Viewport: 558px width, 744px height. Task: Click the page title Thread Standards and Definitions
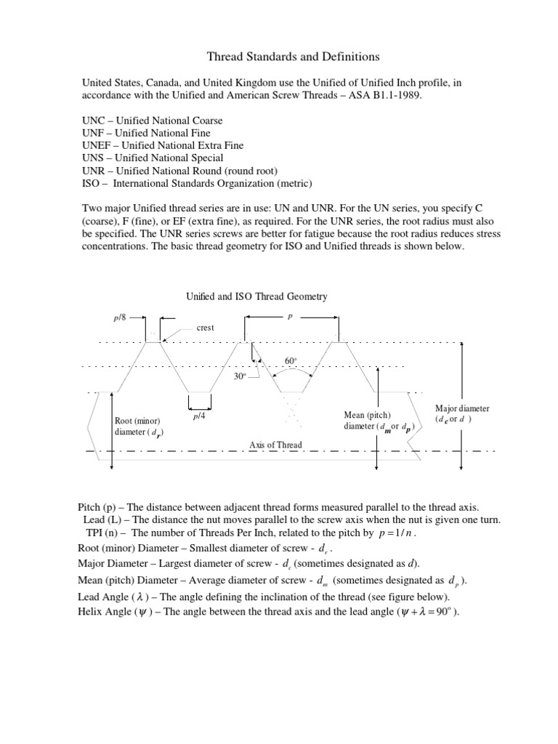pyautogui.click(x=278, y=56)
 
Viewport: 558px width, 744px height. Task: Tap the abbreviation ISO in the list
pyautogui.click(x=91, y=182)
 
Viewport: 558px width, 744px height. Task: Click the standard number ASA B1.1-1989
pyautogui.click(x=418, y=96)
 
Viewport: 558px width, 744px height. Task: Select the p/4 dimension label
pyautogui.click(x=199, y=416)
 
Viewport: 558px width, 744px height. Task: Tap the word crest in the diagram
pyautogui.click(x=205, y=328)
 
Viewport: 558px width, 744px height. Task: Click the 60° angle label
pyautogui.click(x=291, y=361)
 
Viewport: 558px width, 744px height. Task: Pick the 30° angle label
pyautogui.click(x=241, y=376)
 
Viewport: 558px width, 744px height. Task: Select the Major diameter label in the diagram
pyautogui.click(x=462, y=409)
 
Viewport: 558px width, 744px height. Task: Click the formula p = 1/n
pyautogui.click(x=397, y=532)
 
